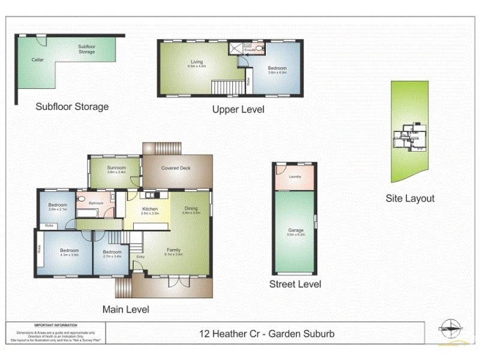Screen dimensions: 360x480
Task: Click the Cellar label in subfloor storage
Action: pos(37,60)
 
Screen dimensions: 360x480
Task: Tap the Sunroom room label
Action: pos(116,167)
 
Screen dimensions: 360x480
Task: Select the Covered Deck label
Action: pos(176,168)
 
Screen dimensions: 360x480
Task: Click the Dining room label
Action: pos(191,208)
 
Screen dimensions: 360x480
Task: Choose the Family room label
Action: pos(173,250)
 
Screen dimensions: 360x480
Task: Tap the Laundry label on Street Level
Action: pos(295,176)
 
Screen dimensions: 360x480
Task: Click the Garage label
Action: pos(295,230)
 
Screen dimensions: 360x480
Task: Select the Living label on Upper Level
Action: pos(197,62)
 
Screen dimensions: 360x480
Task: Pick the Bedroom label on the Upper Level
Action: pos(277,68)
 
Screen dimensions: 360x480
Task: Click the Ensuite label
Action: pos(250,49)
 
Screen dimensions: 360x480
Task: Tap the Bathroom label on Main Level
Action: pos(96,203)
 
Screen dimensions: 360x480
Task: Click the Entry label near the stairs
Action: pos(140,257)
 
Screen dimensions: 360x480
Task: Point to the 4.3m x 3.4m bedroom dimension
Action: pos(69,254)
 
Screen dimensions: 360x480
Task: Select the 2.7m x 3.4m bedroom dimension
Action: pos(112,256)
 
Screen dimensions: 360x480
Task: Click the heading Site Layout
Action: pos(410,198)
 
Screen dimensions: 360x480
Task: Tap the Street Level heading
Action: pos(295,284)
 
